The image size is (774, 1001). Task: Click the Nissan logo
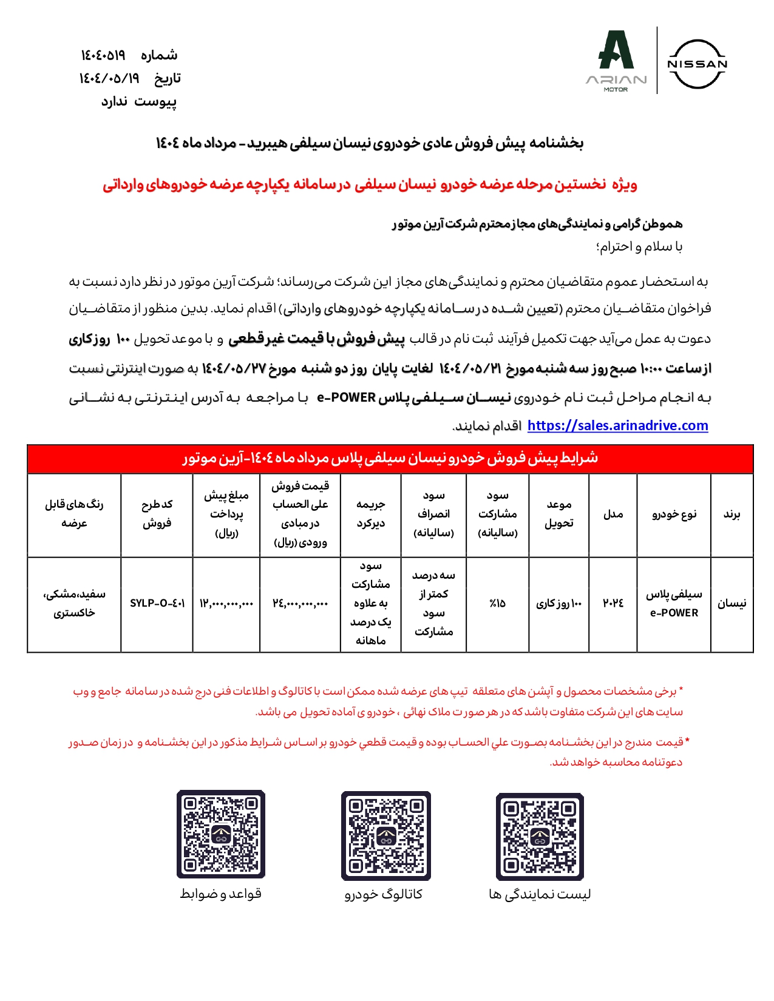tap(697, 64)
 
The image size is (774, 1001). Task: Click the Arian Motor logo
tap(616, 61)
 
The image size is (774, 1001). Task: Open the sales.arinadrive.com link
tap(617, 426)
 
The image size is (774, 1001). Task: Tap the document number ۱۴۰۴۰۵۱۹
tap(103, 55)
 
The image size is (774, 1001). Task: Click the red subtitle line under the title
tap(370, 184)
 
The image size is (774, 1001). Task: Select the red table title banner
tap(390, 458)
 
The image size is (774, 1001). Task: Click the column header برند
tap(732, 514)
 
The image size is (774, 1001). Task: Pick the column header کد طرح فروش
tap(157, 514)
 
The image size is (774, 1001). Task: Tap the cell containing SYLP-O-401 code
tap(157, 603)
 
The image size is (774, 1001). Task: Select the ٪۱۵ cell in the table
tap(497, 603)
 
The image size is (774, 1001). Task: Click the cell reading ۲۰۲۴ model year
tap(613, 603)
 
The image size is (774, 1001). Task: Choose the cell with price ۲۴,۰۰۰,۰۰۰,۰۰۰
tap(300, 603)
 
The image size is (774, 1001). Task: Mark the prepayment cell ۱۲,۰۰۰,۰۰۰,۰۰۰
tap(226, 603)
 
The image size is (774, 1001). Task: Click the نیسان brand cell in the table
tap(732, 603)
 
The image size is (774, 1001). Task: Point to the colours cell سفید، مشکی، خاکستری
tap(74, 603)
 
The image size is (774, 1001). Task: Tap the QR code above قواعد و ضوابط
tap(221, 834)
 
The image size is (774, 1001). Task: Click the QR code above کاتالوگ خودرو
tap(386, 835)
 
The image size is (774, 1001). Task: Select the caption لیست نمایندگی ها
tap(540, 894)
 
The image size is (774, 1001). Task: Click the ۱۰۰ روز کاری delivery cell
tap(558, 603)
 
